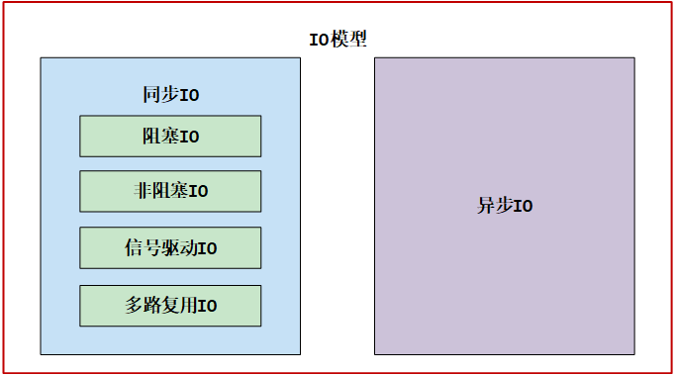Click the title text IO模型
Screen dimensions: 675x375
[338, 41]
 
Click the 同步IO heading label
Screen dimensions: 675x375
[170, 95]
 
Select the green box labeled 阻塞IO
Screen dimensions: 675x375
[170, 136]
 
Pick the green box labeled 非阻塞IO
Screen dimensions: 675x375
[170, 191]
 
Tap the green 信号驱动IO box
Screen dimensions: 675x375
[170, 247]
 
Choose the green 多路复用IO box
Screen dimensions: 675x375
[170, 306]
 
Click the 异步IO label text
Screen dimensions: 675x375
[505, 206]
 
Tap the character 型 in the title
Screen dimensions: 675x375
[357, 41]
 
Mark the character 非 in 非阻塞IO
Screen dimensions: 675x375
[142, 191]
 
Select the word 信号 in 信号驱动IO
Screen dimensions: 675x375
[143, 247]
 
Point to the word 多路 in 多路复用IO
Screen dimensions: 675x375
[143, 306]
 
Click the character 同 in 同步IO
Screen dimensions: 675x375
[151, 95]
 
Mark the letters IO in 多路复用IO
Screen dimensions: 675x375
[207, 307]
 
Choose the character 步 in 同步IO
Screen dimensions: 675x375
[170, 95]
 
